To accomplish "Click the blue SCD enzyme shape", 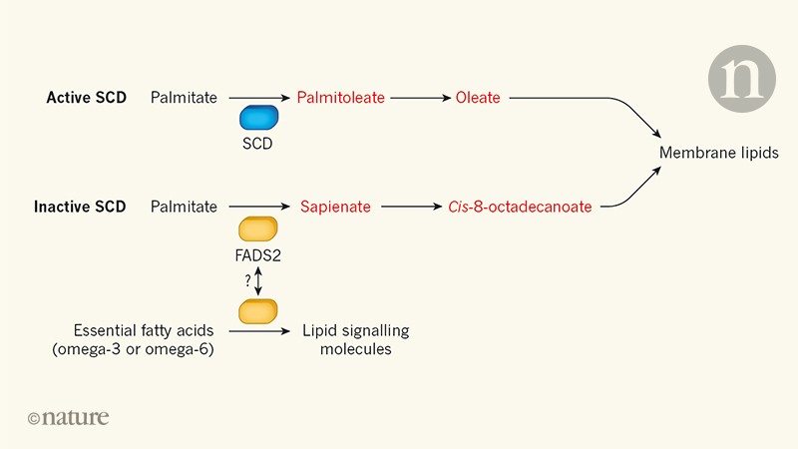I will pos(258,118).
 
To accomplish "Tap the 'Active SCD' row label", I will pos(86,98).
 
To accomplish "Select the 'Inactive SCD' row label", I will pos(80,207).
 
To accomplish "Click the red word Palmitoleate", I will pos(340,98).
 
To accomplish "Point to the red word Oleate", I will pos(477,98).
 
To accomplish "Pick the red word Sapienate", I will pos(335,207).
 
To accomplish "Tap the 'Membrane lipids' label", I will pos(719,153).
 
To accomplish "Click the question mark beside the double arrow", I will pos(247,281).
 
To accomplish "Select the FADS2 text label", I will pos(258,255).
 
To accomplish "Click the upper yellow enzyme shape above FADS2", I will pos(258,228).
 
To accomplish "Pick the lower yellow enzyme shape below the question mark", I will pos(258,310).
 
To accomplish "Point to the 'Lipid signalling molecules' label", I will pos(356,340).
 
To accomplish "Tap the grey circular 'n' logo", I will pos(741,77).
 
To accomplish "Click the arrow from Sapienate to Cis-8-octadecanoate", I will pos(410,207).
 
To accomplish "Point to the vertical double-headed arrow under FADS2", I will pos(259,281).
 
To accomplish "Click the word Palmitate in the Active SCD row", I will pos(184,98).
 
